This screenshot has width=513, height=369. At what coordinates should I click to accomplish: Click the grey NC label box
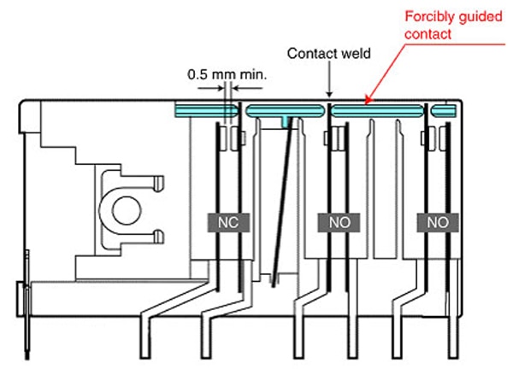[228, 223]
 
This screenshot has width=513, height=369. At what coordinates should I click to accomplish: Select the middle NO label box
[339, 223]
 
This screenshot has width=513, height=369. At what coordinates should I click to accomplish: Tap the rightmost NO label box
[438, 223]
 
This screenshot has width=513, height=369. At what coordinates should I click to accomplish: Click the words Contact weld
[329, 53]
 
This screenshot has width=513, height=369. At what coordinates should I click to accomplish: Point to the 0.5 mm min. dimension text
[227, 74]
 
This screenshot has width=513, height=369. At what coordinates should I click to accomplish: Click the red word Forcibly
[430, 17]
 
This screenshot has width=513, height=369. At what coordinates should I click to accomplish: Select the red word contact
[428, 34]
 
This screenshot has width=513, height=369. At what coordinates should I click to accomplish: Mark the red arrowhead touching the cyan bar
[368, 100]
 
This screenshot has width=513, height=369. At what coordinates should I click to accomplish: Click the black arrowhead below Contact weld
[329, 95]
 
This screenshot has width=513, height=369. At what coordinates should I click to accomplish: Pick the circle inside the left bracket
[127, 210]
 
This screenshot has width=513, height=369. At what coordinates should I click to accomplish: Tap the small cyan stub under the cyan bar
[286, 122]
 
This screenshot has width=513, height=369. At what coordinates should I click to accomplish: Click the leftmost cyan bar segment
[206, 111]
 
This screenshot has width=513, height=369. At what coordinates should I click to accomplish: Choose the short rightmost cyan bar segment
[443, 111]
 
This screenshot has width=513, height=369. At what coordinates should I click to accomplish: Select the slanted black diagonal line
[283, 202]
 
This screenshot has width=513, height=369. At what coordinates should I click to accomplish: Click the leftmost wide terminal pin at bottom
[145, 337]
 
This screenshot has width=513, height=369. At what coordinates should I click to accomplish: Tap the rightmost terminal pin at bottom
[453, 337]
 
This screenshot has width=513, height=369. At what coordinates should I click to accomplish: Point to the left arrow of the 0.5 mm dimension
[211, 88]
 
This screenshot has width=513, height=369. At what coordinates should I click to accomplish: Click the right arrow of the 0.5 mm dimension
[247, 88]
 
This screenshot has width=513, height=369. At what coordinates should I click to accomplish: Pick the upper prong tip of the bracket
[160, 184]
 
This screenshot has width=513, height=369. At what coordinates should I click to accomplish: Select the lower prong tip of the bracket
[160, 237]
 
